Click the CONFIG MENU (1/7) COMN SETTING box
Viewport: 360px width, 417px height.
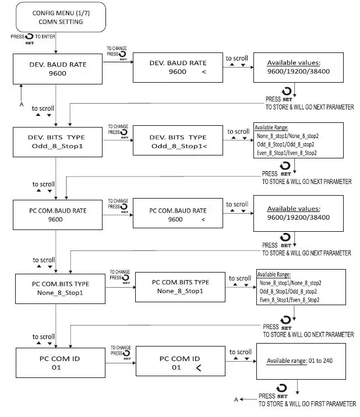tap(57, 17)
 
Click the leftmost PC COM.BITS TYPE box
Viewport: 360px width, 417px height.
tap(57, 288)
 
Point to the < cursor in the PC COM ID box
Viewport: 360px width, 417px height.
tap(199, 368)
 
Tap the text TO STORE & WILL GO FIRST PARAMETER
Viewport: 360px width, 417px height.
tap(307, 404)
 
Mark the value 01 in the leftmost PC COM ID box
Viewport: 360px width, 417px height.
tap(57, 367)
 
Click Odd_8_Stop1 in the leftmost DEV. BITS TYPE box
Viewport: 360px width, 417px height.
tap(57, 147)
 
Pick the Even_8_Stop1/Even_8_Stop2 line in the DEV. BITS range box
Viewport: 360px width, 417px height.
tap(287, 153)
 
